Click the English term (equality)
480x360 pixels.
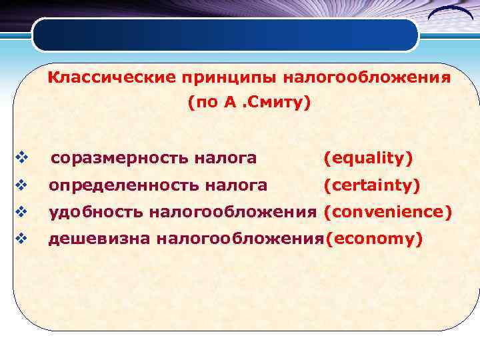(368, 159)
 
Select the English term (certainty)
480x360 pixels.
(371, 185)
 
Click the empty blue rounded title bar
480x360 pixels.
(225, 35)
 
